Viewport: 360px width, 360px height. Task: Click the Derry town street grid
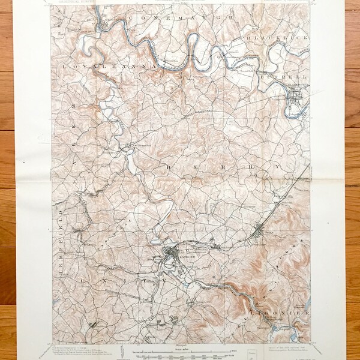point(259,230)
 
